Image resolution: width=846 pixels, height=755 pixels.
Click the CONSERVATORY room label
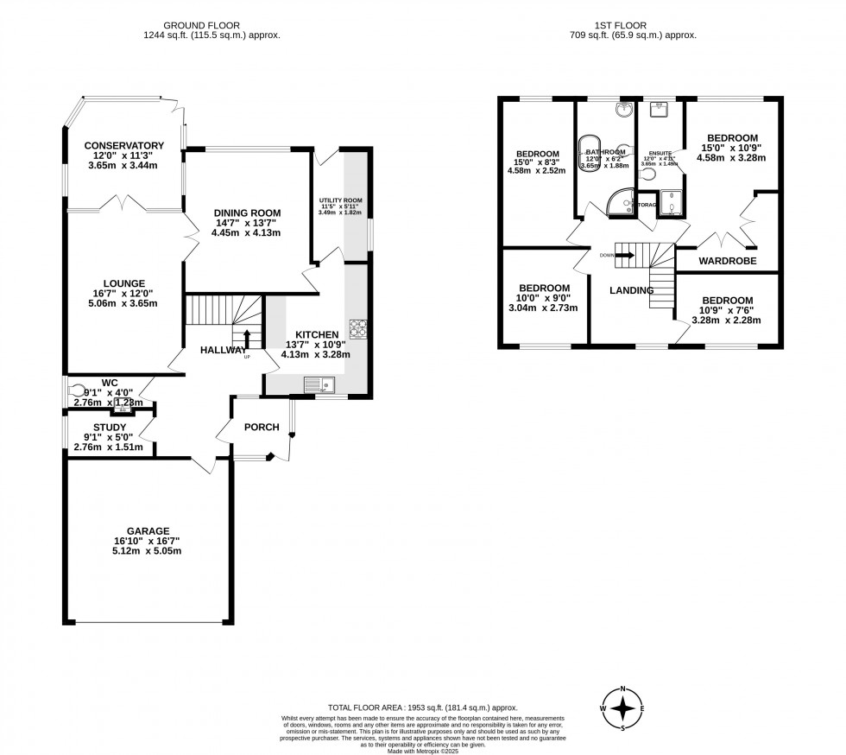pos(125,145)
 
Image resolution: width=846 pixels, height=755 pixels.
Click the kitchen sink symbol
pos(319,384)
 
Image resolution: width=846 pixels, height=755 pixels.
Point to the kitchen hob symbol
pos(357,328)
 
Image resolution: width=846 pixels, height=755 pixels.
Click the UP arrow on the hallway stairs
pos(248,338)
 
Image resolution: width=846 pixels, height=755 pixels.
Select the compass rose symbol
pos(622,708)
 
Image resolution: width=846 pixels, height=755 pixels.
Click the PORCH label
pos(262,427)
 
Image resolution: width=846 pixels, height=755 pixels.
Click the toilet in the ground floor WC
pos(79,390)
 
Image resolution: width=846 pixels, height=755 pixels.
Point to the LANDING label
pos(631,290)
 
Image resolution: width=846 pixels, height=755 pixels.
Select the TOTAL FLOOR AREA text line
pos(422,706)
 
